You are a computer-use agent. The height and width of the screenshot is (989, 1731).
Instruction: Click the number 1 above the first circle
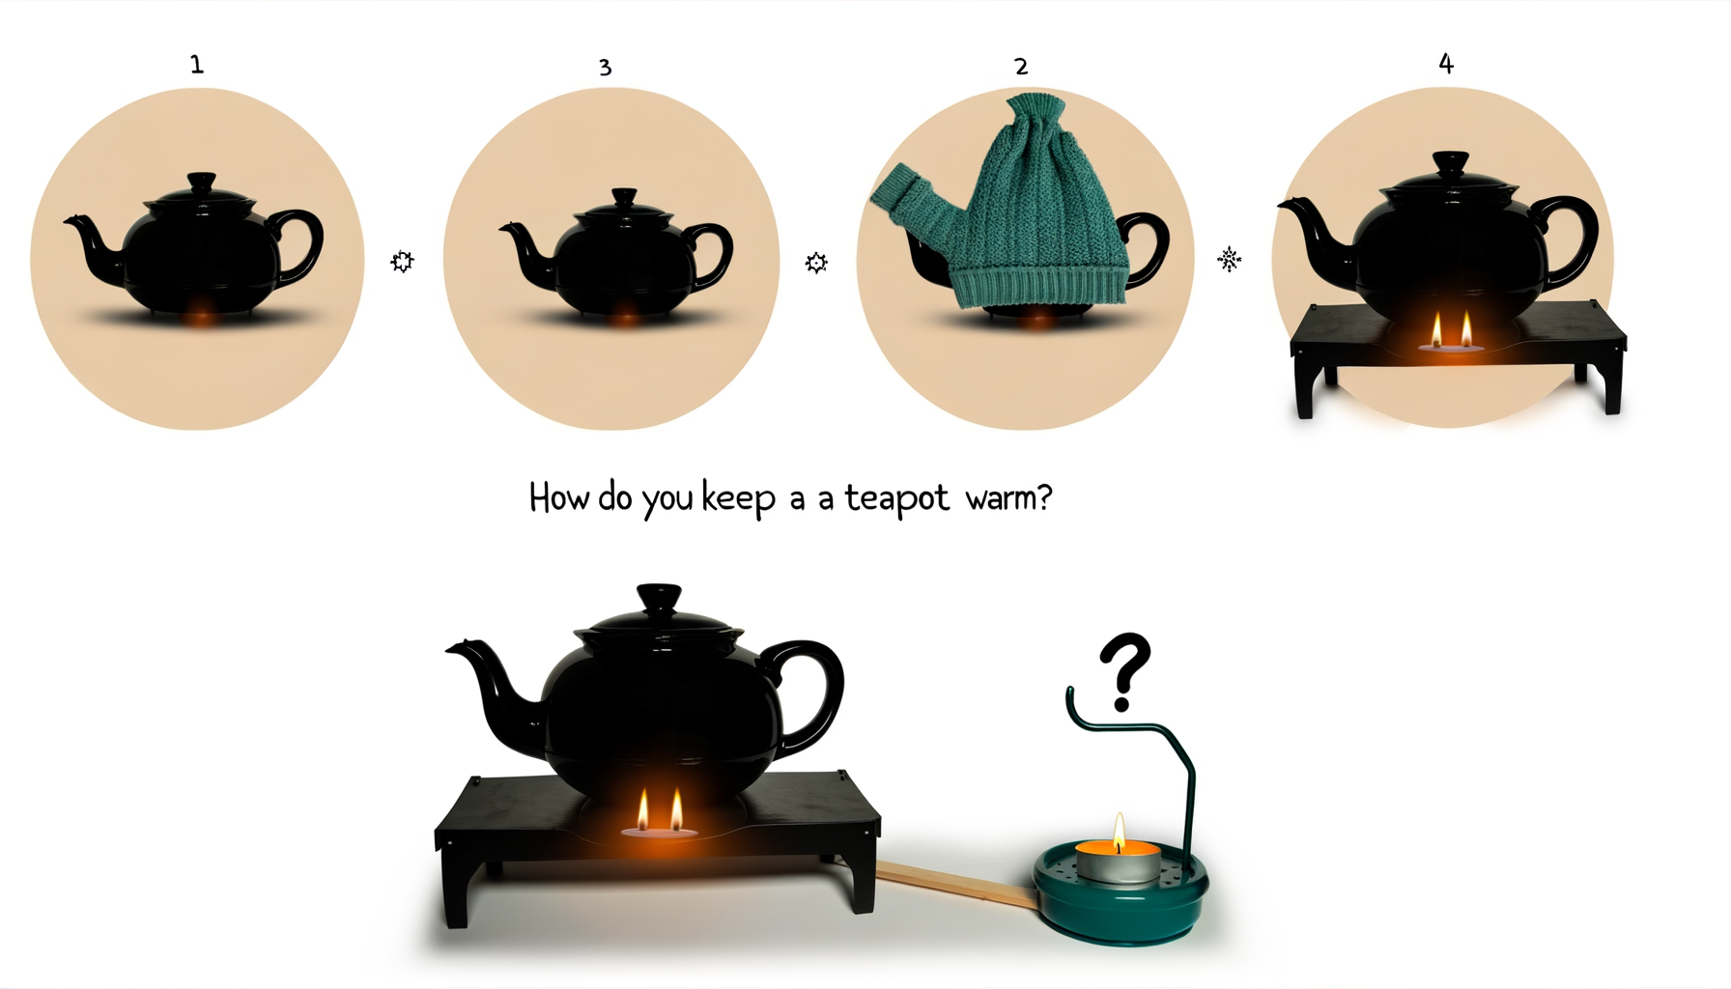196,65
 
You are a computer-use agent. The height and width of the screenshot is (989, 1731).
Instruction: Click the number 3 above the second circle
605,68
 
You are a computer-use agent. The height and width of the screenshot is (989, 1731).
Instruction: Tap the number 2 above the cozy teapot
1021,67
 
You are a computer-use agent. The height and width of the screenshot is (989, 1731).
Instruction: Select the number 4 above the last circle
1445,64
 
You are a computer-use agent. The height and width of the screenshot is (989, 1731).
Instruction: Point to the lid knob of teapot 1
201,182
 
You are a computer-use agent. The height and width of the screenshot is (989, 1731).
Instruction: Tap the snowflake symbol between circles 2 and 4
1229,259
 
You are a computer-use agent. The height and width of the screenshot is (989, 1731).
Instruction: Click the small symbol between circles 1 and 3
402,262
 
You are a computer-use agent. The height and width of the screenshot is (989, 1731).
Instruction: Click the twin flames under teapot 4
1450,332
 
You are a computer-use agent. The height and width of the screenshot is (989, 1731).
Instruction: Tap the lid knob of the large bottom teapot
659,597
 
